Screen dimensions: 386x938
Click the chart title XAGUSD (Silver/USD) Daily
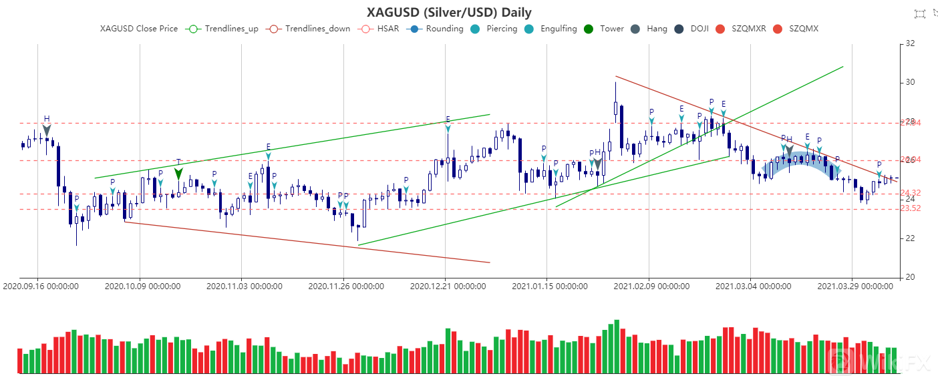(x=449, y=12)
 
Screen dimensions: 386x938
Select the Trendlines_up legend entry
(x=223, y=29)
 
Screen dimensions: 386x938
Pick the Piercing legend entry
(x=494, y=29)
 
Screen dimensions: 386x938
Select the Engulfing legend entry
(x=551, y=29)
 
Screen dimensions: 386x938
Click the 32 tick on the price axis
(x=909, y=44)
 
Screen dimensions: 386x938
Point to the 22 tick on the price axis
(x=909, y=238)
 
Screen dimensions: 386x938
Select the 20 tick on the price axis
(x=909, y=277)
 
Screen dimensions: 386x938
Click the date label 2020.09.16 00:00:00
(x=41, y=286)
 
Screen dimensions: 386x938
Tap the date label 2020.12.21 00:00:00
(x=448, y=286)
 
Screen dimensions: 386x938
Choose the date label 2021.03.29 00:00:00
(x=854, y=286)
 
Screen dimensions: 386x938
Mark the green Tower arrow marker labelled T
(x=178, y=173)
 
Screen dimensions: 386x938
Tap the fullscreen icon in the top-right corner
(x=920, y=13)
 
